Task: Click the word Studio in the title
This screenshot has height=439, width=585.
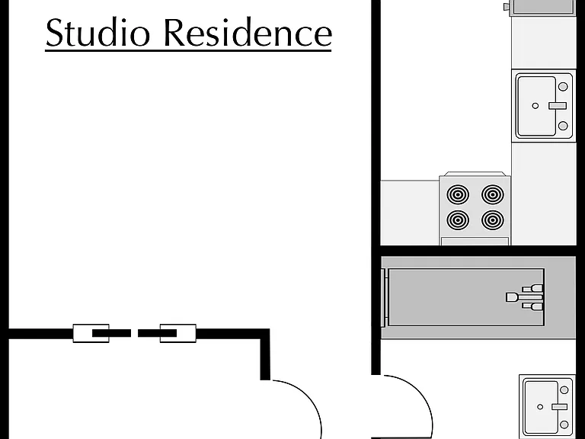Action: [x=97, y=32]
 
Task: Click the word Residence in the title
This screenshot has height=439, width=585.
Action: [x=248, y=32]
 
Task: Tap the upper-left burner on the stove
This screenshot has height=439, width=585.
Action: [x=458, y=194]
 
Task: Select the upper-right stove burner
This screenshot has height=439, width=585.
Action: [x=493, y=194]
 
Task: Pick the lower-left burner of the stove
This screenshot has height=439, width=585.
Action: [x=458, y=219]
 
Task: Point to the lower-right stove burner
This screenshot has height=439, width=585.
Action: [x=493, y=219]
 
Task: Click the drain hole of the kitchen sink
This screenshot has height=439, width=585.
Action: [x=535, y=106]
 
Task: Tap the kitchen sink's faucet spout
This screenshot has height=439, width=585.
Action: [x=558, y=106]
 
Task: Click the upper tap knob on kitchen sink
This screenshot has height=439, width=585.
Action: [x=563, y=87]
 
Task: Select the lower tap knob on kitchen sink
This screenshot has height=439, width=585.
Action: [x=563, y=126]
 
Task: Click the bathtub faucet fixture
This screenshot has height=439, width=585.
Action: [x=525, y=297]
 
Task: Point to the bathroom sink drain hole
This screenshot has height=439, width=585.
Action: [x=540, y=406]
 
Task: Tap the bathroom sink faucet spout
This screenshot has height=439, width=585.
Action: [x=560, y=406]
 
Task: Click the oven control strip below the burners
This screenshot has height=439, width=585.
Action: [x=475, y=242]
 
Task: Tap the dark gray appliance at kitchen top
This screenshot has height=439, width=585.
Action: [x=543, y=7]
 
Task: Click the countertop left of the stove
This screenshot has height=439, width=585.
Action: [x=410, y=213]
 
